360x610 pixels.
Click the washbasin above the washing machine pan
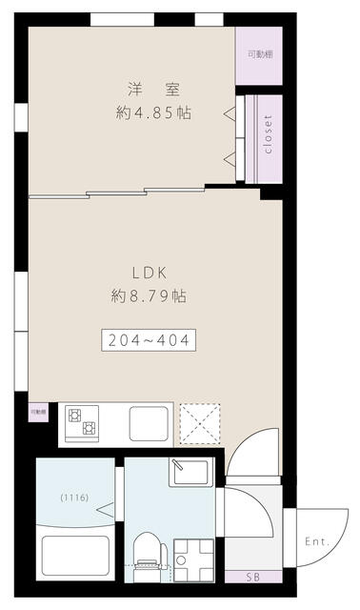click(x=189, y=474)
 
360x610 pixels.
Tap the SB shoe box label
click(x=251, y=577)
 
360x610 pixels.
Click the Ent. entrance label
click(x=317, y=541)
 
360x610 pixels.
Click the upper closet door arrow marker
click(x=230, y=115)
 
